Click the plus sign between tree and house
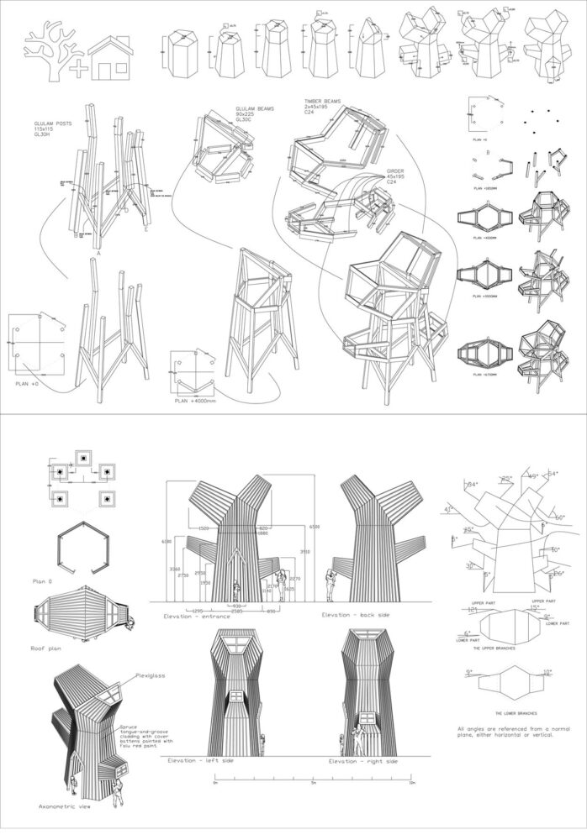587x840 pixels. coord(77,69)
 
